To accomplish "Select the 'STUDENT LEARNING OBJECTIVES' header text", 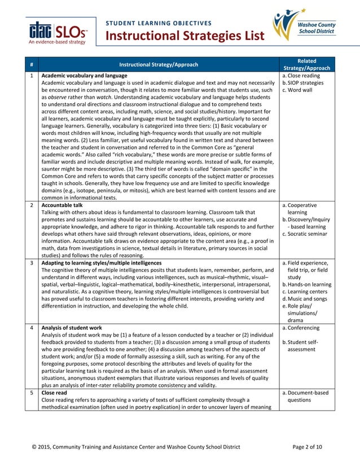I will (159, 23).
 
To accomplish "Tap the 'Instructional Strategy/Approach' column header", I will (159, 64).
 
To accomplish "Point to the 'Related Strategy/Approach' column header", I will (308, 64).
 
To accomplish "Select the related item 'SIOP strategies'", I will (305, 82).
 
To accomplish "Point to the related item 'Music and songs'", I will (307, 298).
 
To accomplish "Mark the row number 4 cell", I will (32, 328).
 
